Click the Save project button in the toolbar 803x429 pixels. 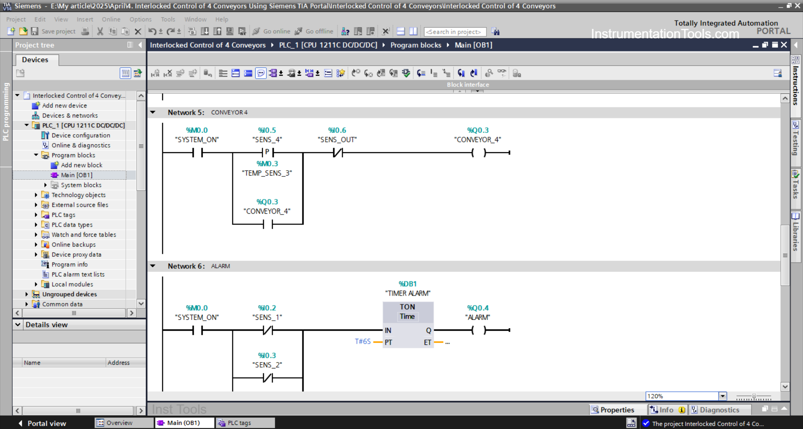tap(54, 31)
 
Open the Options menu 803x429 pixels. tap(141, 19)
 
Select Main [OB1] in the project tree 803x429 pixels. tap(77, 175)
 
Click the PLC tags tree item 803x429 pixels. tap(63, 215)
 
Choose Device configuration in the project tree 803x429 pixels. tap(81, 135)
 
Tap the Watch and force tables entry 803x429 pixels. tap(84, 235)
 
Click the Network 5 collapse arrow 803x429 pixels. tap(153, 112)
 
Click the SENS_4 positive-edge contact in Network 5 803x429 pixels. tap(267, 153)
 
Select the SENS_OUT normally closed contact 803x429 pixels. tap(338, 153)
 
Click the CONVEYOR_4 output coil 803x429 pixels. tap(478, 153)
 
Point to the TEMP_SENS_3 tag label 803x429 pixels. tap(267, 173)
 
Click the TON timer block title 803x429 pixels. tap(407, 307)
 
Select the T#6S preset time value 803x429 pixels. tap(363, 342)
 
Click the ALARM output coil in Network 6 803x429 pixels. tap(478, 330)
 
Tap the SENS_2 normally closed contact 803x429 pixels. tap(268, 378)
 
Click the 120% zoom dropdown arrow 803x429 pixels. tap(722, 396)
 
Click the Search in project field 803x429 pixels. tap(454, 32)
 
